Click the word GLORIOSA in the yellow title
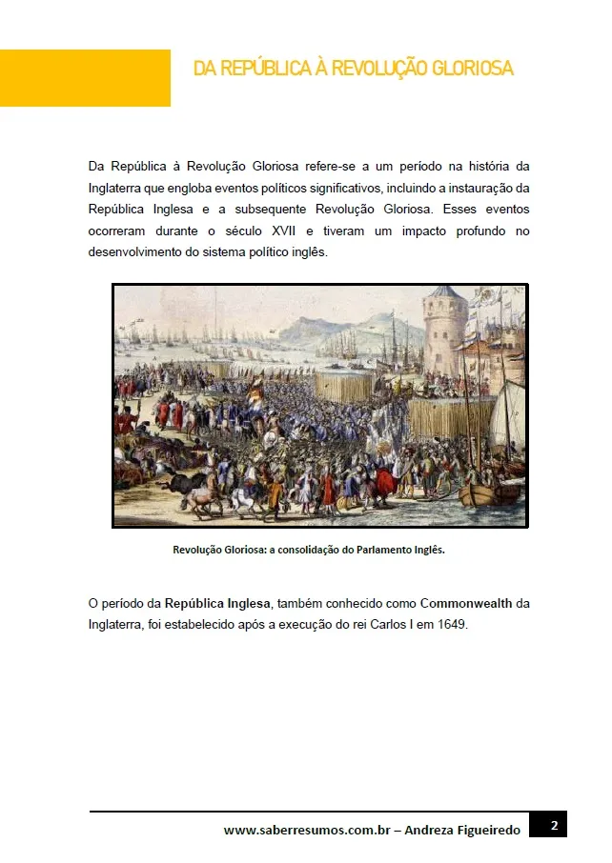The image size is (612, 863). click(472, 69)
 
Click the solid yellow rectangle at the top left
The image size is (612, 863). click(85, 78)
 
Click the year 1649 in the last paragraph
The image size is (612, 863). click(453, 626)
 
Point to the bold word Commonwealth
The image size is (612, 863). click(465, 604)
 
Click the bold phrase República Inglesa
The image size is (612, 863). click(217, 604)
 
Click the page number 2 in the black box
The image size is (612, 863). click(554, 824)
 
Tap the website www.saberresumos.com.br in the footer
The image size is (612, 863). click(308, 831)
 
